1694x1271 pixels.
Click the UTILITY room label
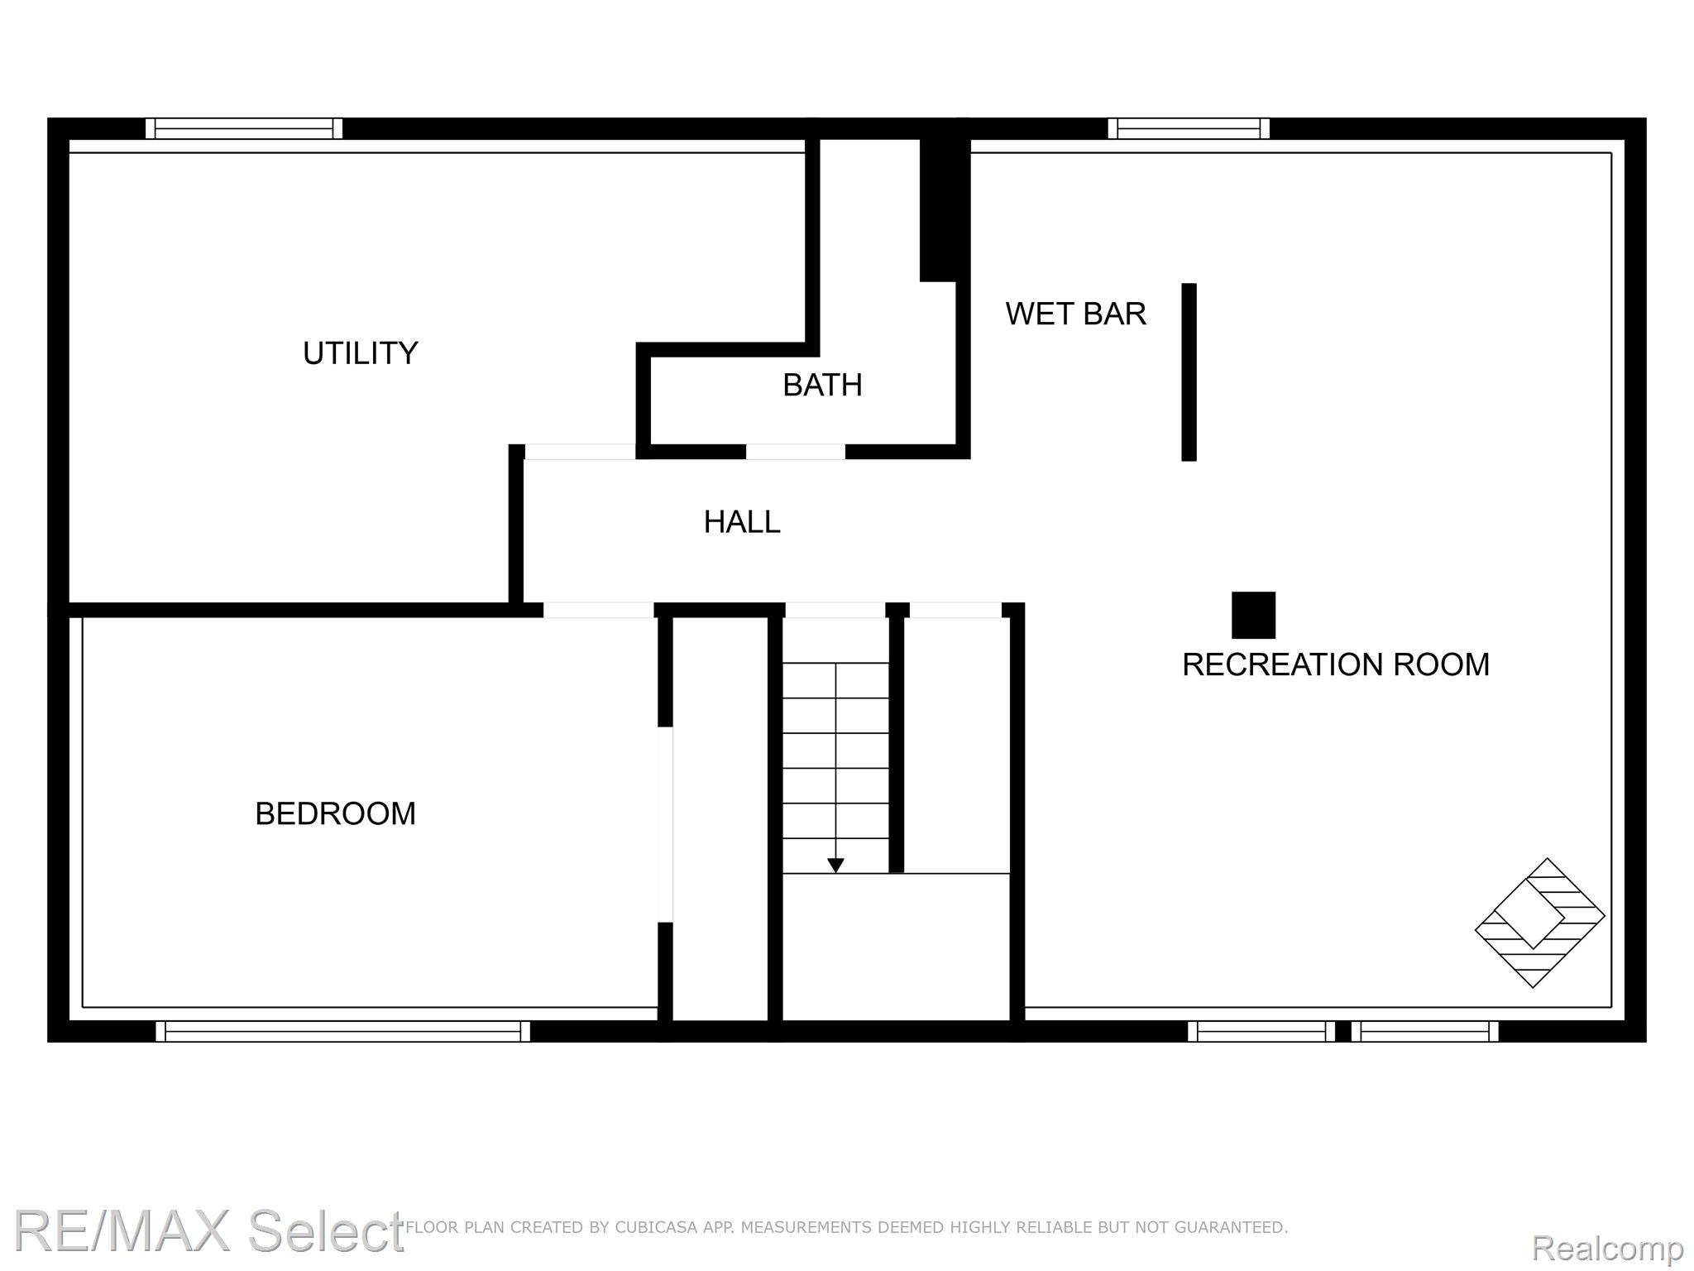pyautogui.click(x=360, y=353)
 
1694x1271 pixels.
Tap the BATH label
pyautogui.click(x=822, y=385)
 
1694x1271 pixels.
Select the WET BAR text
pyautogui.click(x=1075, y=314)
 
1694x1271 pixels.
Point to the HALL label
pyautogui.click(x=742, y=522)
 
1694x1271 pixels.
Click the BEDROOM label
pyautogui.click(x=335, y=813)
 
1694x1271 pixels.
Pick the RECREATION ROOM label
pyautogui.click(x=1336, y=664)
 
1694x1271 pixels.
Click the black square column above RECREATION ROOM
pyautogui.click(x=1253, y=615)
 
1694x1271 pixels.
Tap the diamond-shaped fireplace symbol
pyautogui.click(x=1539, y=923)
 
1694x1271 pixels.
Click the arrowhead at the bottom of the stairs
pyautogui.click(x=835, y=866)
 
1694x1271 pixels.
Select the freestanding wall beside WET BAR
pyautogui.click(x=1189, y=372)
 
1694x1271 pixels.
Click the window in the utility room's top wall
pyautogui.click(x=244, y=128)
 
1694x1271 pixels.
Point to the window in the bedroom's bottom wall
pyautogui.click(x=342, y=1031)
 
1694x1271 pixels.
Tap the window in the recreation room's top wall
pyautogui.click(x=1189, y=128)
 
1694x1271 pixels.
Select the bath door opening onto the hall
pyautogui.click(x=796, y=451)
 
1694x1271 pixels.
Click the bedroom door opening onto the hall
pyautogui.click(x=599, y=610)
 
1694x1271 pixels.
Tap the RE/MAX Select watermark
pyautogui.click(x=208, y=1230)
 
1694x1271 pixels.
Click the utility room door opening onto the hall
pyautogui.click(x=581, y=451)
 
